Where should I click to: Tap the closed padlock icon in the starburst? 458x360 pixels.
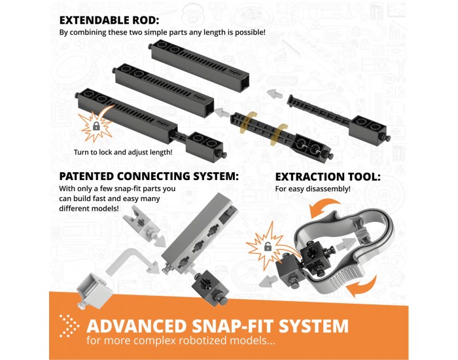[96, 126]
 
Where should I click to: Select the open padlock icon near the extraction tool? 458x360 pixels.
[268, 247]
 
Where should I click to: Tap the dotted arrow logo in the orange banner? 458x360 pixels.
[69, 326]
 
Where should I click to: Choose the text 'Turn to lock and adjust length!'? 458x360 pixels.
[123, 153]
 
